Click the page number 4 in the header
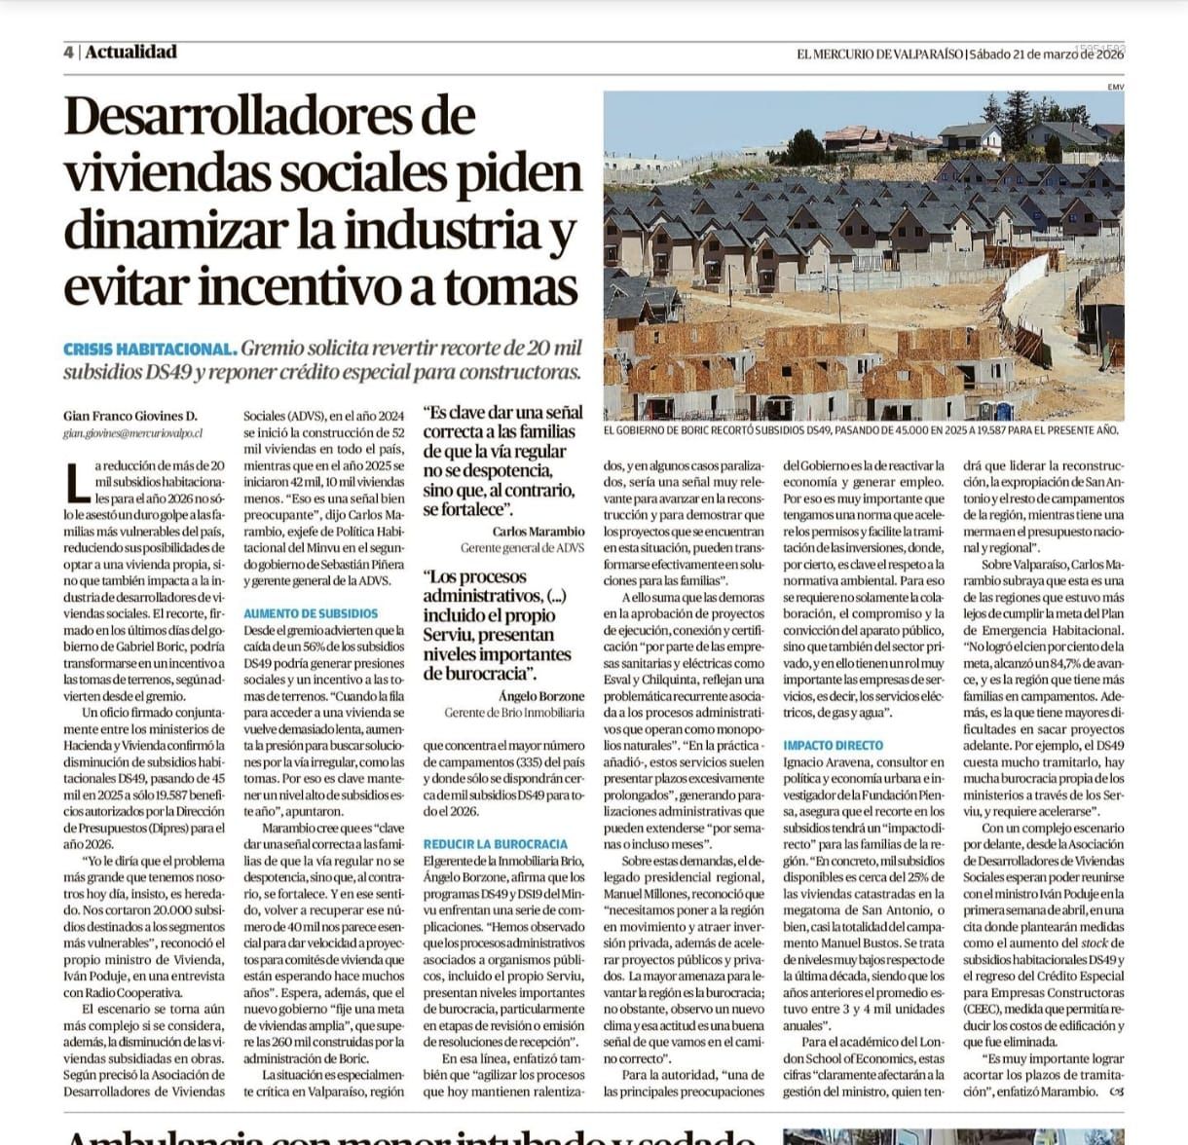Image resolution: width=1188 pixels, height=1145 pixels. (69, 53)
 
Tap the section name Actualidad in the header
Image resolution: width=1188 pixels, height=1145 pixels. (130, 53)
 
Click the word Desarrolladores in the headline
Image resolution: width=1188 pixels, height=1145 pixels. (269, 117)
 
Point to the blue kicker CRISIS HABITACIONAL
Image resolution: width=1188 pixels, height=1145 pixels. (149, 349)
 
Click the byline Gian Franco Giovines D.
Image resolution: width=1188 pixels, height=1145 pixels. (130, 415)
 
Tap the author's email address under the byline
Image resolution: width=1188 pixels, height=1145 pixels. (132, 431)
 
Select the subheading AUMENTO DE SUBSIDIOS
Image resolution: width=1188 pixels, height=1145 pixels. (311, 613)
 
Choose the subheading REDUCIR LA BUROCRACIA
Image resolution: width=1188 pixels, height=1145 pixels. (495, 843)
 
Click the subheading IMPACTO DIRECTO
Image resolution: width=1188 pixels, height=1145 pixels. (834, 745)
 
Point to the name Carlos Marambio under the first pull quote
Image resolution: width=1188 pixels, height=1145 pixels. (538, 532)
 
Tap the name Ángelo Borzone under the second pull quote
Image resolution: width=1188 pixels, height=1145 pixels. (541, 696)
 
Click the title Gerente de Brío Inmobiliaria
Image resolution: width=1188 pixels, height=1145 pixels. (514, 713)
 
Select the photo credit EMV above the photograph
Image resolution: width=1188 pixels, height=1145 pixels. (1115, 87)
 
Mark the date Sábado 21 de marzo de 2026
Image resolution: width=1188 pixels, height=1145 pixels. (1048, 55)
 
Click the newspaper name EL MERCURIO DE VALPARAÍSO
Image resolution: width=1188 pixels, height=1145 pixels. (880, 55)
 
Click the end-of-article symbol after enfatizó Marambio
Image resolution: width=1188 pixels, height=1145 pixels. (1116, 1091)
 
